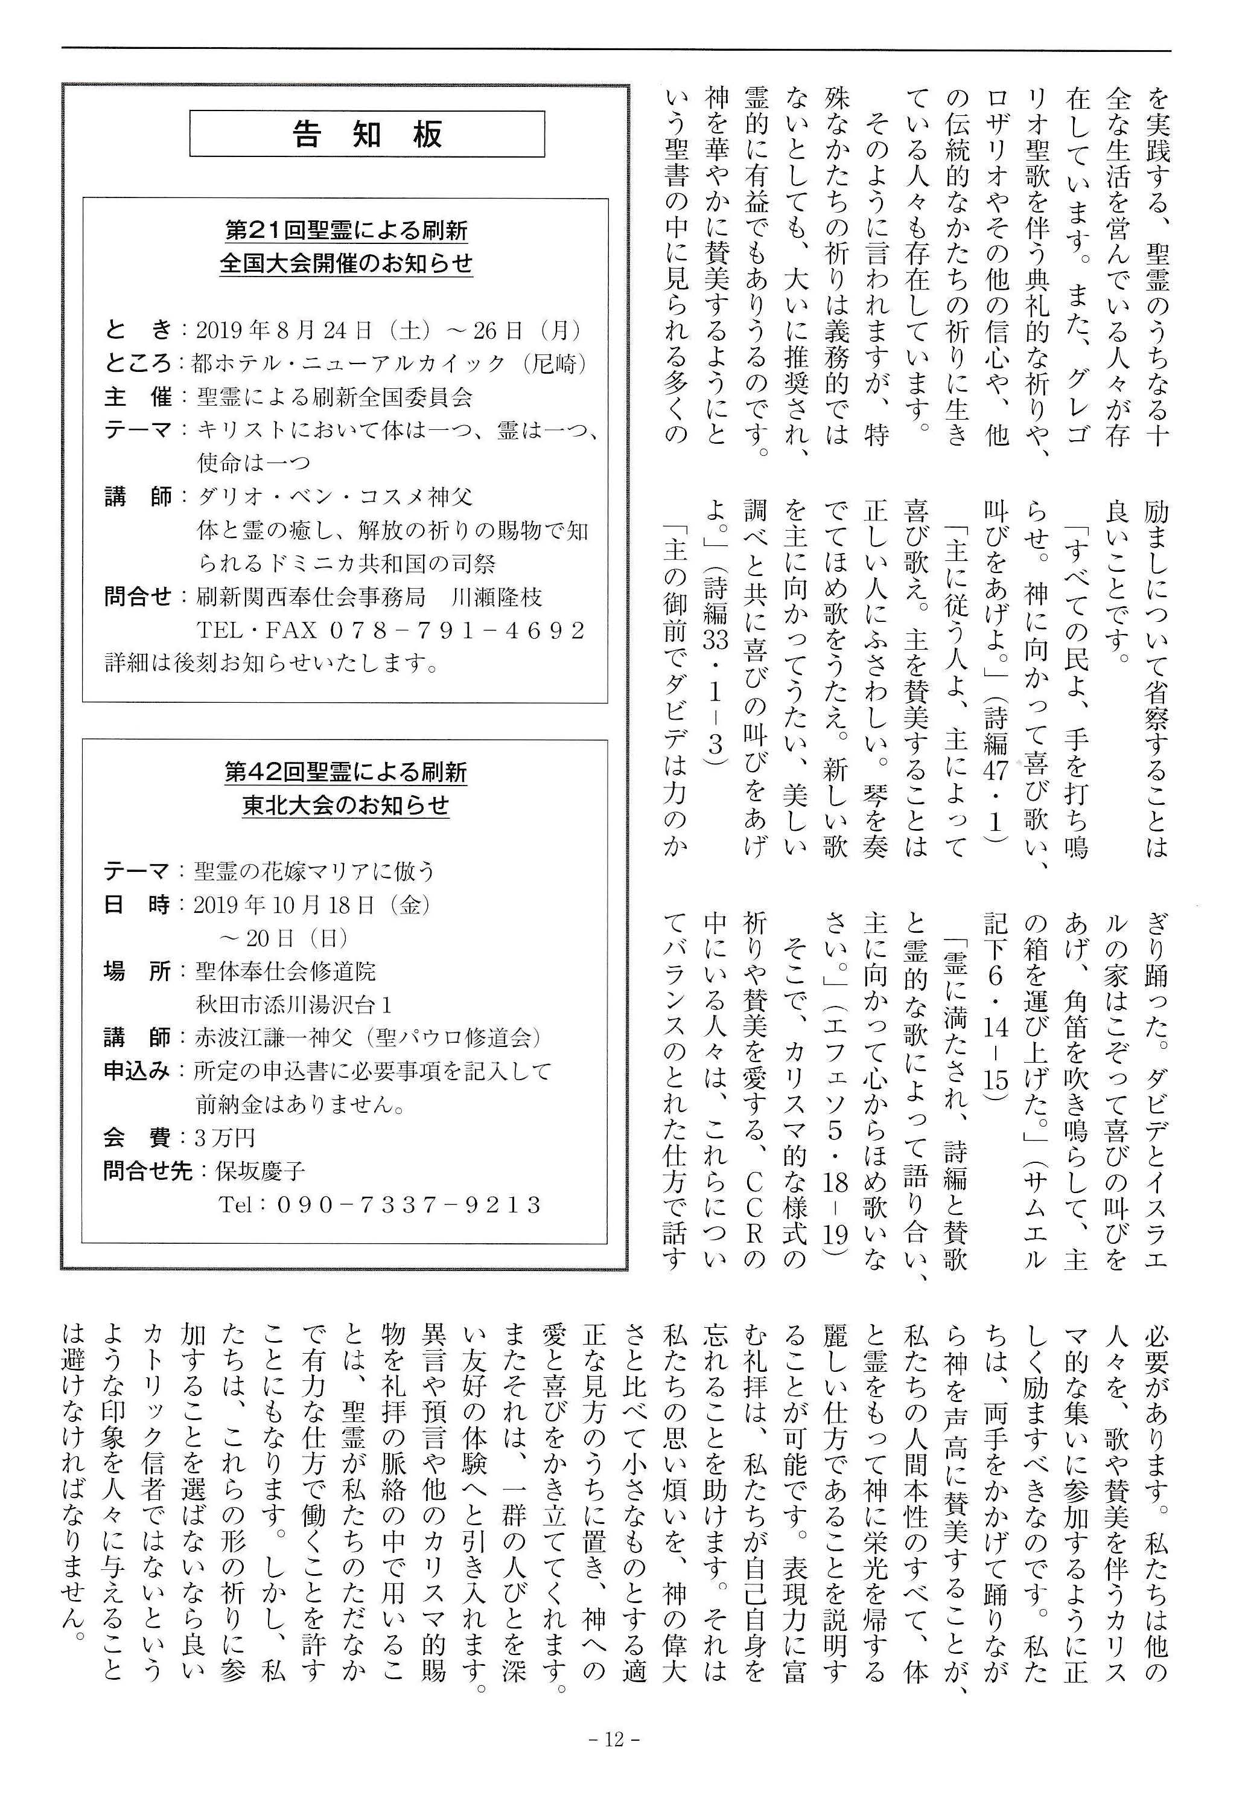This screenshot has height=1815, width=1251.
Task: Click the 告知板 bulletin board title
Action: coord(367,134)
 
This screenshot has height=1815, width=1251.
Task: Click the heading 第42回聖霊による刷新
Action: coord(346,772)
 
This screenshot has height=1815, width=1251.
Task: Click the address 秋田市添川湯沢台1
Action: coord(294,1004)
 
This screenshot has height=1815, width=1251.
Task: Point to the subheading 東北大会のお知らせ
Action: coord(346,805)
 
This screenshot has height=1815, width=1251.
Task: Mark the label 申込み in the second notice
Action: coord(136,1071)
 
